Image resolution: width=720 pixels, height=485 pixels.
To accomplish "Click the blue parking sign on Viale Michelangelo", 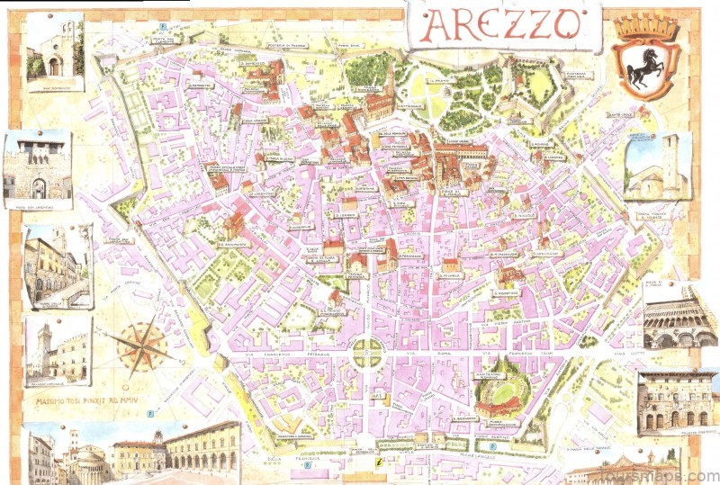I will click(x=492, y=445).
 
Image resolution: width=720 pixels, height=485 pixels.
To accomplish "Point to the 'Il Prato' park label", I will click(x=441, y=78).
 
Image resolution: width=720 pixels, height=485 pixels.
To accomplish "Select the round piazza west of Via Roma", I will click(x=366, y=354).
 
